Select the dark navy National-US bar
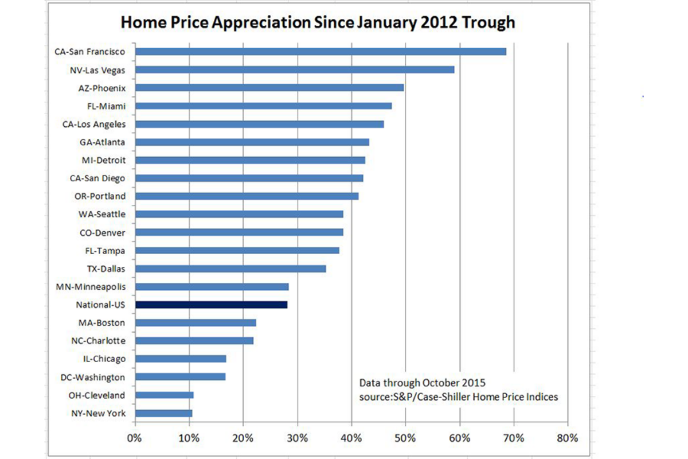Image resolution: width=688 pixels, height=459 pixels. [211, 305]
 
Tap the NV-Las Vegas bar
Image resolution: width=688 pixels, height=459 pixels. [295, 69]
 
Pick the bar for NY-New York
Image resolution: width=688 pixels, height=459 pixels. [164, 413]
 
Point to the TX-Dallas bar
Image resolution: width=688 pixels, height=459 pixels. [230, 269]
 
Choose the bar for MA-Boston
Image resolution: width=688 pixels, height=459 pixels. [196, 322]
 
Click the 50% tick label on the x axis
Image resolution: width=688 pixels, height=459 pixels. [405, 438]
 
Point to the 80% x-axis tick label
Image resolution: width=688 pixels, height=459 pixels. [567, 438]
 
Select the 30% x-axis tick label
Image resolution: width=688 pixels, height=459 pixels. [297, 438]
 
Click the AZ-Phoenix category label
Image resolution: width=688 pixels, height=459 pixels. [102, 88]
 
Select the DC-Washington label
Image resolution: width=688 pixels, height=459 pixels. [93, 377]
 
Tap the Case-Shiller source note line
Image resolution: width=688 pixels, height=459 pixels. [459, 396]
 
